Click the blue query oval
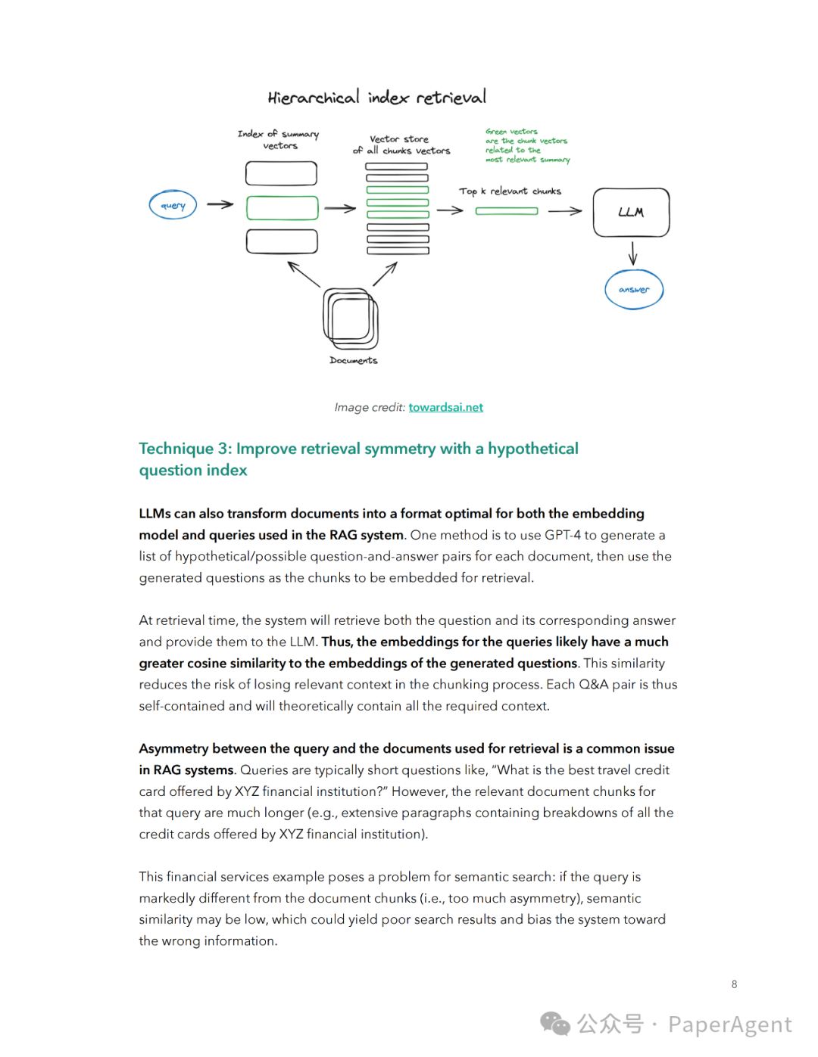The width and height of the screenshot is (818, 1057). [x=173, y=205]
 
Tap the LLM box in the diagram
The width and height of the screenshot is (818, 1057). [x=631, y=213]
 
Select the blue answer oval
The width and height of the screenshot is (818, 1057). [x=634, y=290]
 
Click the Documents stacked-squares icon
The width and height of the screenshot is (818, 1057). [x=350, y=319]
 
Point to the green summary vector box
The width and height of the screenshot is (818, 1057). [x=282, y=208]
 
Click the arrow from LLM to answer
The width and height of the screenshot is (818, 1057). [x=632, y=253]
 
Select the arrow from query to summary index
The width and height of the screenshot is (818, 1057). [x=220, y=204]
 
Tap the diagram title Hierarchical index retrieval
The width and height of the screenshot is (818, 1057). [x=376, y=98]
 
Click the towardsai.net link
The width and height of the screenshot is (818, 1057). [x=445, y=407]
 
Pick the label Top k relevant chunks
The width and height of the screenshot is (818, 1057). [x=510, y=191]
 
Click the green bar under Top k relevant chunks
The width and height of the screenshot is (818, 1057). [x=507, y=211]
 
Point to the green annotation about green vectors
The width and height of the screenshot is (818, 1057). [x=527, y=145]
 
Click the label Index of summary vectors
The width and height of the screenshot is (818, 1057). [x=279, y=139]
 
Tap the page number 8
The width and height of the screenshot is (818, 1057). [x=734, y=984]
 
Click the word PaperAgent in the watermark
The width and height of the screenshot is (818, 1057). [x=729, y=1024]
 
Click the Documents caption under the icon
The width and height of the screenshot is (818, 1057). [x=353, y=361]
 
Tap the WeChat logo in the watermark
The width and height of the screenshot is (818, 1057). [x=555, y=1024]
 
